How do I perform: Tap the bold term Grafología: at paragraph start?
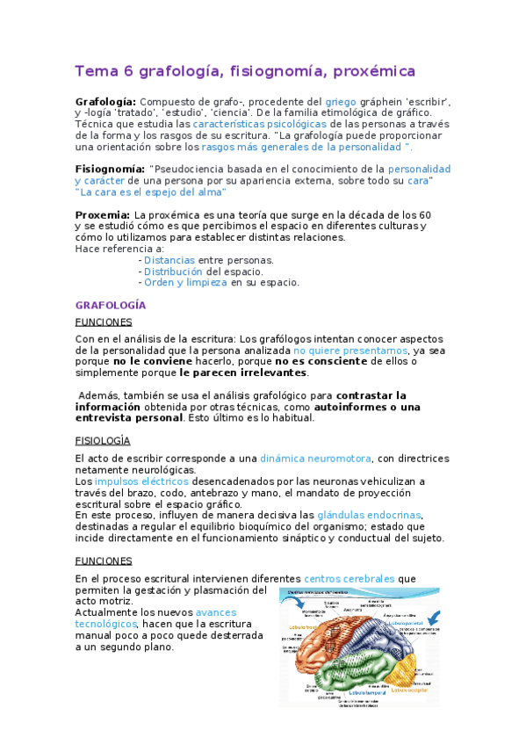105,102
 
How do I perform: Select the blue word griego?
341,102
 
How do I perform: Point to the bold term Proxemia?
103,215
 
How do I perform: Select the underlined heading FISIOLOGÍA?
103,440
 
